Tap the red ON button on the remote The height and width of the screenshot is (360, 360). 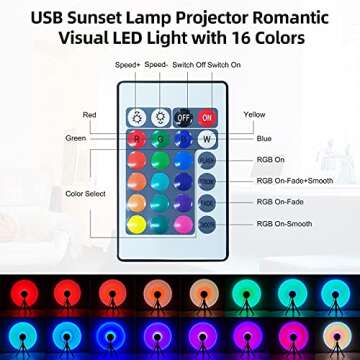pos(206,116)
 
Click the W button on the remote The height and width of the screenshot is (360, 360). pos(206,140)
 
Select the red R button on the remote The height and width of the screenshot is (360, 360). pos(135,140)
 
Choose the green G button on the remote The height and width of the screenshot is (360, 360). pos(158,140)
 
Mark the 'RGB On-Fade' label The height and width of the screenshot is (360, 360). pos(280,202)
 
